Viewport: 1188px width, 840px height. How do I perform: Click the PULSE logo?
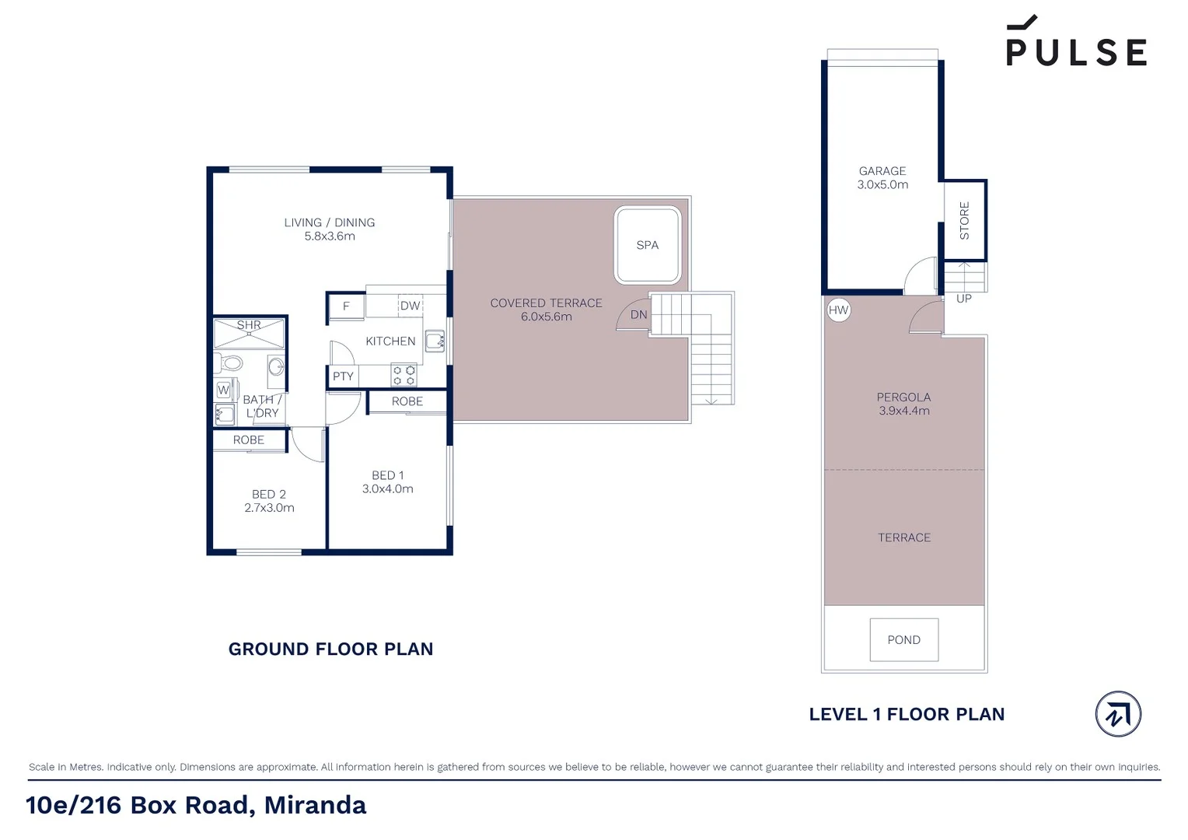(x=1076, y=45)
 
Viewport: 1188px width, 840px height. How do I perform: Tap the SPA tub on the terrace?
(x=647, y=245)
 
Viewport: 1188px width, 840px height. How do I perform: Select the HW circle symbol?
(x=838, y=310)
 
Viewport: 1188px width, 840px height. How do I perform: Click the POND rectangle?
(x=903, y=639)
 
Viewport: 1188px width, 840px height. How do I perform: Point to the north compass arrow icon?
(x=1117, y=713)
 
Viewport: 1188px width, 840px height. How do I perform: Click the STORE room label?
(x=964, y=220)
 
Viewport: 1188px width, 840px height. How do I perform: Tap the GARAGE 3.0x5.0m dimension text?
(x=882, y=185)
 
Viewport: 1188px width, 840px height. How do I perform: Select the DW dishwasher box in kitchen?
(x=410, y=306)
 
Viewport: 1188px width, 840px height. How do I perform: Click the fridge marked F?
(x=346, y=306)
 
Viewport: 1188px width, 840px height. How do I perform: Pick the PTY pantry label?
(x=343, y=376)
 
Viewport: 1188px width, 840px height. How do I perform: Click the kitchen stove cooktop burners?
(x=404, y=376)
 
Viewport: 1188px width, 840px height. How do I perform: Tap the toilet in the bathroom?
(x=229, y=362)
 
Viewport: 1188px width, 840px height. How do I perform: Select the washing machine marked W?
(x=224, y=390)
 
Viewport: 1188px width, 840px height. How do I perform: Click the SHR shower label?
(x=249, y=325)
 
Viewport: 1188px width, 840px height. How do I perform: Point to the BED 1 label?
(x=387, y=475)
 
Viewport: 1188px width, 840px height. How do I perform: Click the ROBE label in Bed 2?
(x=249, y=440)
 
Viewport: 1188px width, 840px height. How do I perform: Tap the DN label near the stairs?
(x=638, y=315)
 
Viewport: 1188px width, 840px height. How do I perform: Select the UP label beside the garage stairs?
(x=963, y=299)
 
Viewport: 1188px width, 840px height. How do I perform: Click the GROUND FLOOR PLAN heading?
(x=330, y=649)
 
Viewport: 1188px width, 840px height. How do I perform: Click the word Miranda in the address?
(x=315, y=805)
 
